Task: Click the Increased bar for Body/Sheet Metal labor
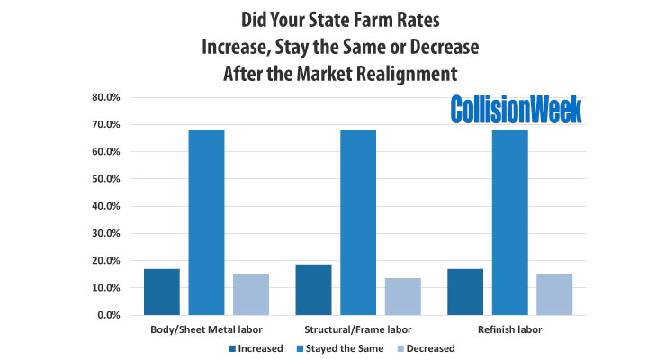click(161, 292)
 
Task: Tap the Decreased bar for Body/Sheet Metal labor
click(251, 294)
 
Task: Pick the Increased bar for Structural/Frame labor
click(313, 290)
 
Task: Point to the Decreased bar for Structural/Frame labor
click(402, 297)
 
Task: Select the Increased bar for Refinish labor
click(465, 292)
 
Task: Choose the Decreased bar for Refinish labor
click(554, 294)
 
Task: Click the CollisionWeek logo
click(517, 109)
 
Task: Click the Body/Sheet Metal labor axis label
click(206, 329)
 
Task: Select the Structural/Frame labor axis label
click(358, 329)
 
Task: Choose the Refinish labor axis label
click(510, 329)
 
